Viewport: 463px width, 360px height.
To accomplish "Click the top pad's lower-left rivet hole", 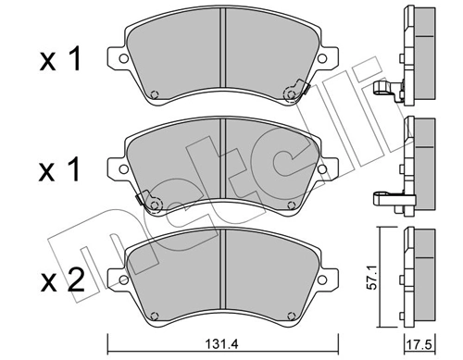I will (x=155, y=93).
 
